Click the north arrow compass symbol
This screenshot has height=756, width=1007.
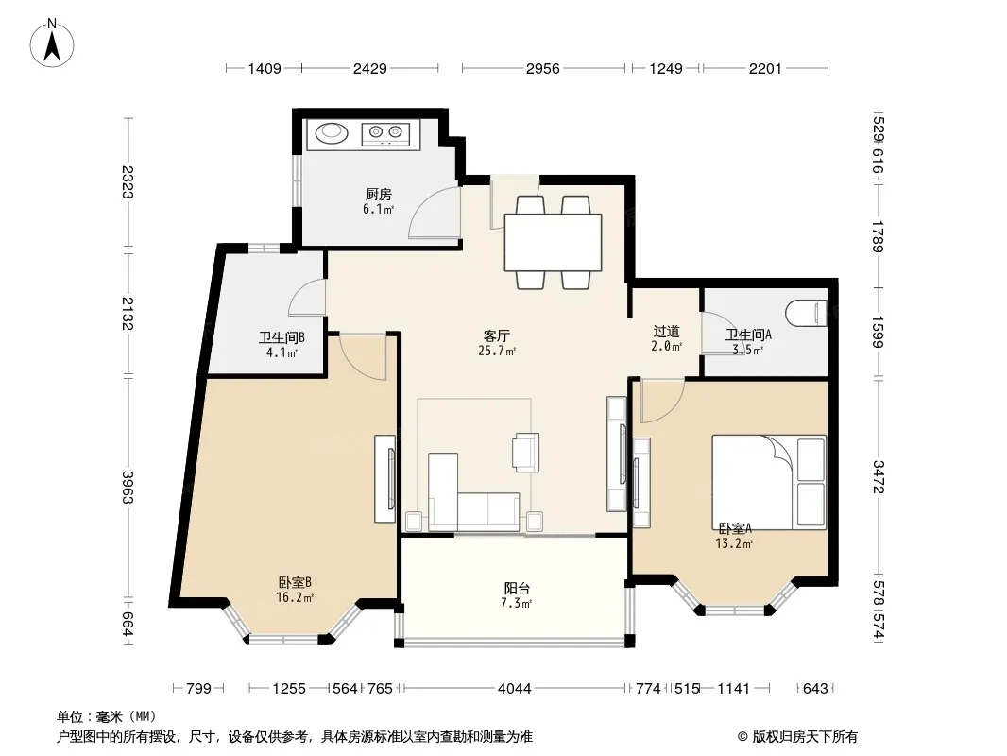[52, 43]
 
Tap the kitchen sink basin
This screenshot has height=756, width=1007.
[332, 133]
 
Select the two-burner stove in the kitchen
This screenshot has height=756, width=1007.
[385, 134]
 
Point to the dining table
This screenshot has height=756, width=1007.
[553, 242]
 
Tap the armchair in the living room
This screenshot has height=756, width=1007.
[525, 453]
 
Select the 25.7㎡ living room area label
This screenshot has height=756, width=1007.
[497, 352]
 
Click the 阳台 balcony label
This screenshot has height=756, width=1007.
[517, 589]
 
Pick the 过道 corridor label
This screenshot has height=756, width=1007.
[666, 332]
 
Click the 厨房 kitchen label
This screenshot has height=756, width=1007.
[378, 194]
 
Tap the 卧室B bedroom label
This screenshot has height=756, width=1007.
[295, 582]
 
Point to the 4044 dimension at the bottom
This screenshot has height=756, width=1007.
[515, 689]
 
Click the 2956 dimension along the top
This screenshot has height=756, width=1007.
[542, 68]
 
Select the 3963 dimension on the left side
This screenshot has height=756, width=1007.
[128, 488]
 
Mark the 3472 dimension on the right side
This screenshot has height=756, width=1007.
[879, 477]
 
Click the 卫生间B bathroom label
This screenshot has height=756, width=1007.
[282, 337]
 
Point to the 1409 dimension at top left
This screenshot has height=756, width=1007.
[265, 68]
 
